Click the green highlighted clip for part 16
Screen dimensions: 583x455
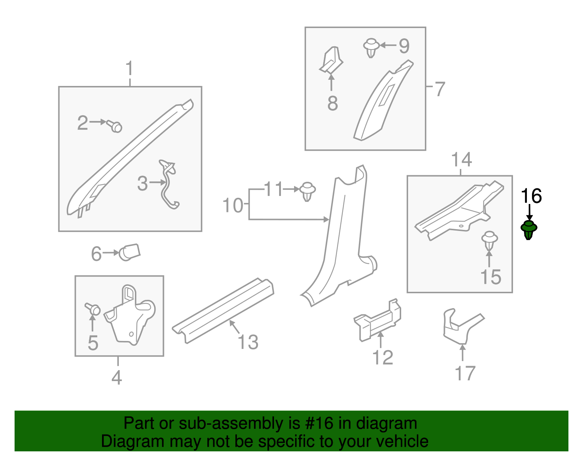(x=529, y=230)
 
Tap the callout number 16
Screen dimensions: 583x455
(x=531, y=196)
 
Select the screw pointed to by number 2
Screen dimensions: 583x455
(x=114, y=126)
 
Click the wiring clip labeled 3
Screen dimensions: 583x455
(x=169, y=184)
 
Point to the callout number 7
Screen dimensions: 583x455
(x=439, y=89)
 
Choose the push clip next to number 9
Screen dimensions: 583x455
(x=371, y=48)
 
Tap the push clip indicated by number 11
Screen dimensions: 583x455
(x=308, y=192)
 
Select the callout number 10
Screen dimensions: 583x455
(x=232, y=205)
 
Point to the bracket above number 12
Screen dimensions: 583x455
(x=377, y=320)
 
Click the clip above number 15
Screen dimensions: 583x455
(x=490, y=240)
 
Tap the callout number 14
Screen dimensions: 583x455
(x=461, y=160)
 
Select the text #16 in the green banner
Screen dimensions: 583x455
(x=319, y=423)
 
